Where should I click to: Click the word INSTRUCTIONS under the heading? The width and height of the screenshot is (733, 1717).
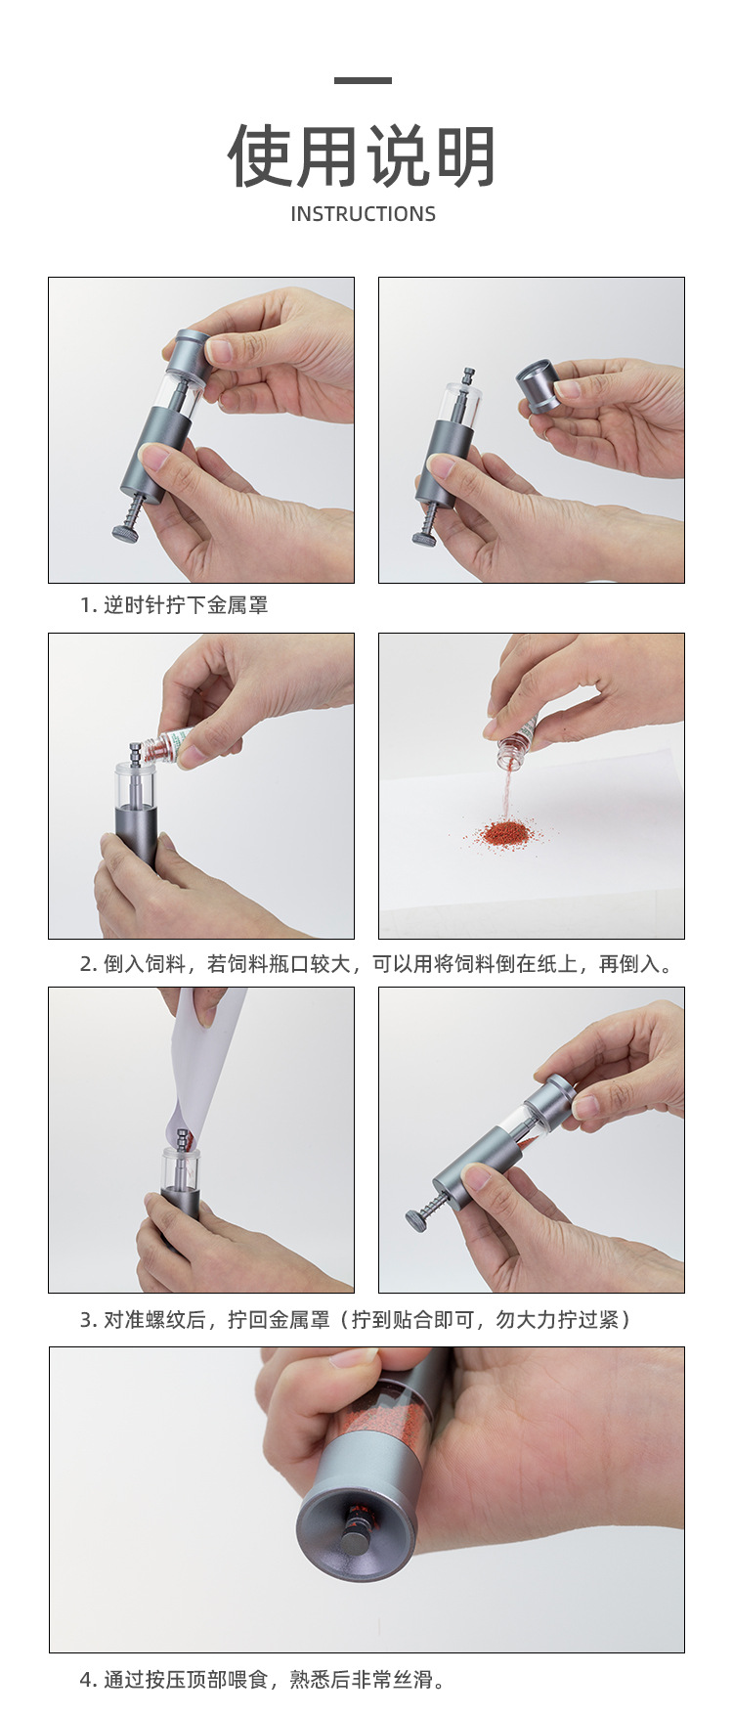pyautogui.click(x=363, y=214)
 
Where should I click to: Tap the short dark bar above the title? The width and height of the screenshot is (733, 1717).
pyautogui.click(x=363, y=80)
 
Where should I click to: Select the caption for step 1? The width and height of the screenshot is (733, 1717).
pyautogui.click(x=174, y=605)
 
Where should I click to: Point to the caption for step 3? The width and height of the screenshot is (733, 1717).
pyautogui.click(x=356, y=1320)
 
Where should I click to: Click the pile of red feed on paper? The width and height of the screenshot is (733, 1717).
pyautogui.click(x=504, y=835)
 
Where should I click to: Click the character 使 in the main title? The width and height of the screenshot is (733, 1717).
pyautogui.click(x=261, y=156)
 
